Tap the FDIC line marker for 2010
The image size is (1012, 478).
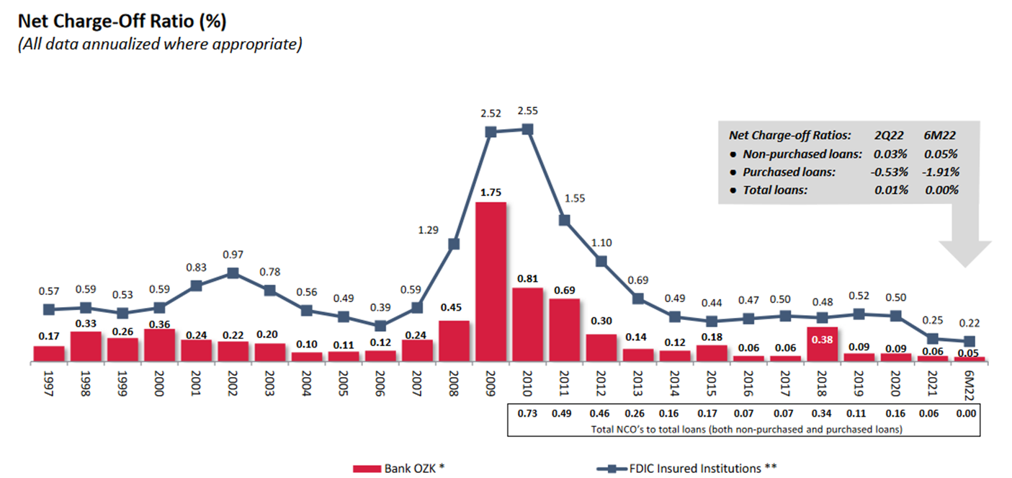click(528, 129)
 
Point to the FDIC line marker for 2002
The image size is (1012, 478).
click(233, 273)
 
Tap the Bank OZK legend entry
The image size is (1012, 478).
click(398, 468)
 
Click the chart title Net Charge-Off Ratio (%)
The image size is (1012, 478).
click(122, 22)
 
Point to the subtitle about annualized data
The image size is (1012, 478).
click(158, 44)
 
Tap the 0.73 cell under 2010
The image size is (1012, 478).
click(528, 414)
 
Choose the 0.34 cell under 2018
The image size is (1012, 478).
click(823, 414)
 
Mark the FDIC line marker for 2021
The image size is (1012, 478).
click(933, 338)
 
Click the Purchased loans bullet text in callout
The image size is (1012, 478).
click(789, 172)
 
